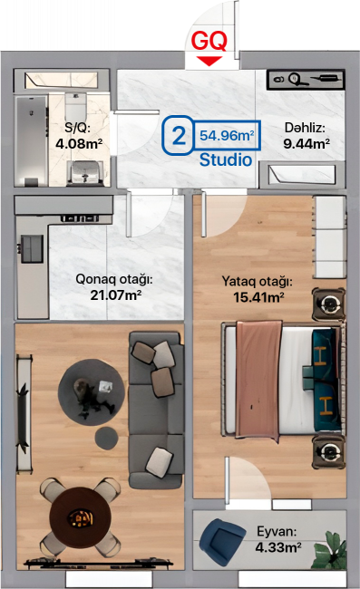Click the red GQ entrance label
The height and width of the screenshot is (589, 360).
click(x=209, y=41)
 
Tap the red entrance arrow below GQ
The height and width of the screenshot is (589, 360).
click(x=209, y=61)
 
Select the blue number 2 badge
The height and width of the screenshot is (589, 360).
click(x=178, y=135)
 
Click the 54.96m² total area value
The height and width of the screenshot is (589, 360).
click(x=227, y=135)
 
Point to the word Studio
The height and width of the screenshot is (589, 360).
click(x=226, y=159)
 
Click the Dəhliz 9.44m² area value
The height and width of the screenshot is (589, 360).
click(x=306, y=143)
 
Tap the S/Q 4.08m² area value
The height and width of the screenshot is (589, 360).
click(x=79, y=143)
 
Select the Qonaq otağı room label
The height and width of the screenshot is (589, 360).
click(x=114, y=280)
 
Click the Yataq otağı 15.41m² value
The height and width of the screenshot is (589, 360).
click(x=258, y=297)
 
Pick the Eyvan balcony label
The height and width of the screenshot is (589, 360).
click(x=277, y=532)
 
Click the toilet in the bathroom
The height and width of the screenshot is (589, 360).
click(x=76, y=105)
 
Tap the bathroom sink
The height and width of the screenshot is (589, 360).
click(x=85, y=173)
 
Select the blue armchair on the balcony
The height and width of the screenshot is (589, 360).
click(x=222, y=541)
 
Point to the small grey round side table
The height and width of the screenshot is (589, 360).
click(x=106, y=438)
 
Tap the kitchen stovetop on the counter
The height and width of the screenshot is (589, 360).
click(x=32, y=248)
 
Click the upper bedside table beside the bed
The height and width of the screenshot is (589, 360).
click(x=329, y=304)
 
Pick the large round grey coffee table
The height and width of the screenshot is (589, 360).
click(x=92, y=392)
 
